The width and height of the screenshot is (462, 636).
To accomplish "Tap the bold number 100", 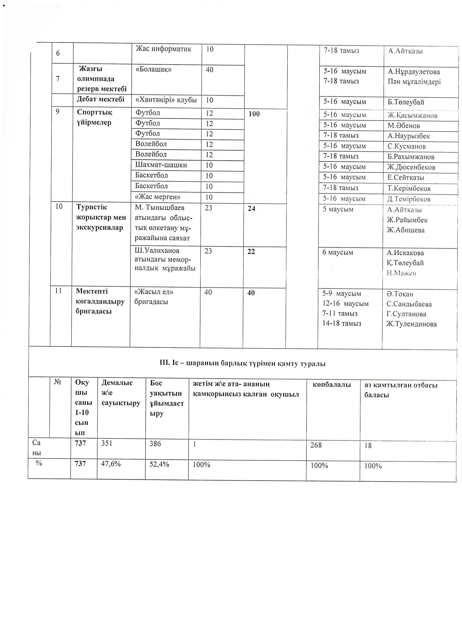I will tap(254, 114).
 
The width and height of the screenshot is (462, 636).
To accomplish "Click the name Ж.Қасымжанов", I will tap(412, 115).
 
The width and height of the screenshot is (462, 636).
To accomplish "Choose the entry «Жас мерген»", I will tap(158, 197).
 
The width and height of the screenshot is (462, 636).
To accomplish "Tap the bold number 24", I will tap(251, 208).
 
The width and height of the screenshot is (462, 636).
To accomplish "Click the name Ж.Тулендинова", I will tap(411, 324).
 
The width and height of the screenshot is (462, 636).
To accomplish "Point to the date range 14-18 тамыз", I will tap(342, 323).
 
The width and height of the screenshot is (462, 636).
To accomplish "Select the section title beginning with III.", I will tap(242, 364).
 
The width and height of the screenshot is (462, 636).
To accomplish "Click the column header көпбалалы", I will tap(332, 385).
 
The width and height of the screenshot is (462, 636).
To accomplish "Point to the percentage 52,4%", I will tap(159, 464).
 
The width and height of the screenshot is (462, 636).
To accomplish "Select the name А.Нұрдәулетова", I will tap(413, 72).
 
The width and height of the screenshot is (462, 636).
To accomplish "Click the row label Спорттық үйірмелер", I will tap(94, 117).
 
